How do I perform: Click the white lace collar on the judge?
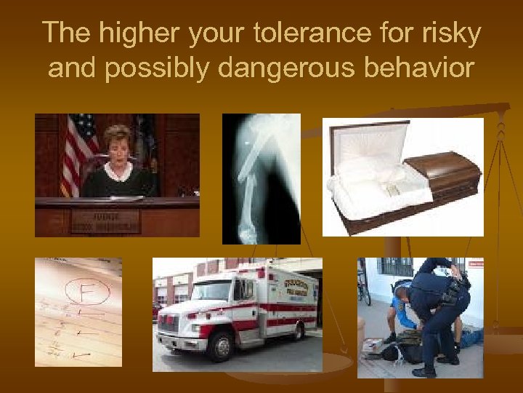coord(118,171)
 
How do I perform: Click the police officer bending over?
coord(436,306)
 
